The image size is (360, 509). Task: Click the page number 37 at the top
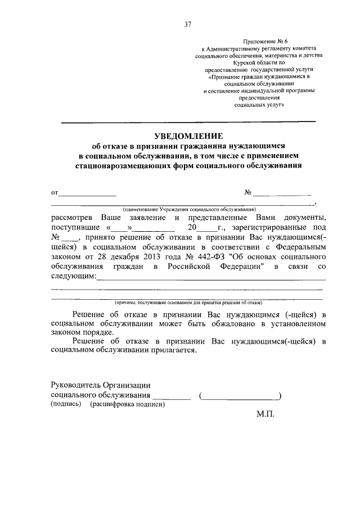[x=188, y=24]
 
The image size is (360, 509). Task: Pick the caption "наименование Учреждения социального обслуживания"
[x=185, y=209]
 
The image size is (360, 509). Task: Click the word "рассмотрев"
[x=72, y=218]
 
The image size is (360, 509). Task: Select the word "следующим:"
[x=73, y=276]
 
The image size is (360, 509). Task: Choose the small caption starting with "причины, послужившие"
[x=185, y=302]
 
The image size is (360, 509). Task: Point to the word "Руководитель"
[x=75, y=385]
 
